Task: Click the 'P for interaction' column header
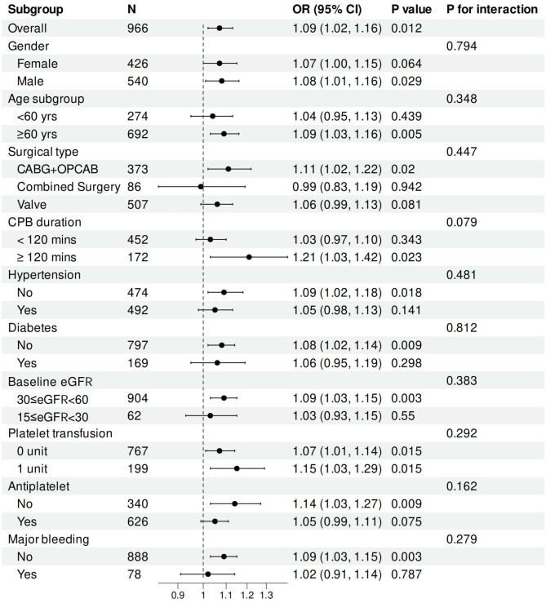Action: (492, 9)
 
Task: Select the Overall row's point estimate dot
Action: (220, 28)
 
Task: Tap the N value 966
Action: (138, 28)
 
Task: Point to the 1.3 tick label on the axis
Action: (266, 596)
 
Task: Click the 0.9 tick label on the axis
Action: (178, 596)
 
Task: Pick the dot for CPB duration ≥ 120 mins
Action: (249, 257)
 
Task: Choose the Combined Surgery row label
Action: (69, 187)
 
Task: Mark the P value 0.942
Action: (406, 187)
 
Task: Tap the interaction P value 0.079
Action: (461, 222)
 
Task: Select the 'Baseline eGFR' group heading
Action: (50, 382)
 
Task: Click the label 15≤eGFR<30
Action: (53, 417)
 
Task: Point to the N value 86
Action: (135, 187)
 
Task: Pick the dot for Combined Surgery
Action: (201, 187)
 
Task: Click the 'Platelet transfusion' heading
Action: (60, 433)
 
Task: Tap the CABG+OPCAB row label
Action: (58, 169)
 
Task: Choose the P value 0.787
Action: (406, 574)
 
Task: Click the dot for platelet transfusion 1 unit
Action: (237, 468)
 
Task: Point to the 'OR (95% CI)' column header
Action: (327, 9)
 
